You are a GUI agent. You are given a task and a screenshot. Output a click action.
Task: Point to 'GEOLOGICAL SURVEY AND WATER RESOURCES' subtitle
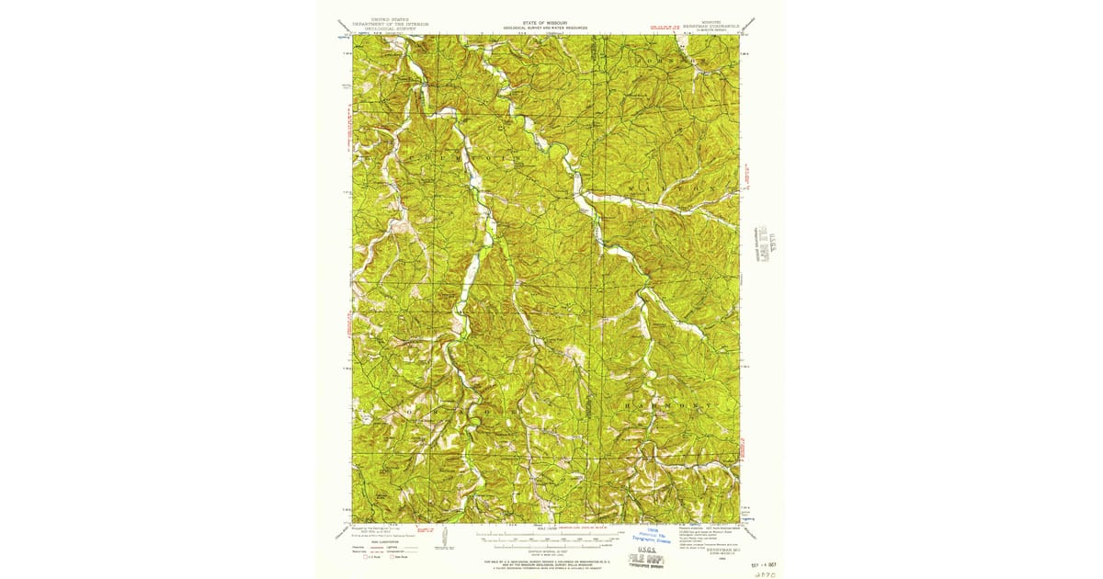tap(547, 28)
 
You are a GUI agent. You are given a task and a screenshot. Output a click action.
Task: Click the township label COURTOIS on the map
tap(478, 159)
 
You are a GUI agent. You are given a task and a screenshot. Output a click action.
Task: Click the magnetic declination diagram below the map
tap(446, 536)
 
